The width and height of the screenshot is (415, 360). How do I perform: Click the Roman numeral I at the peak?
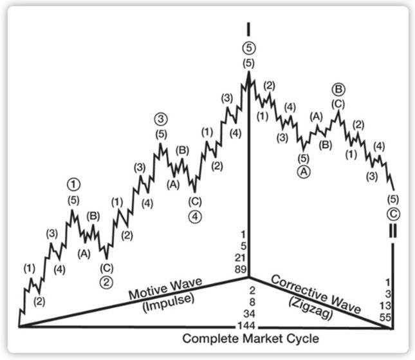(248, 29)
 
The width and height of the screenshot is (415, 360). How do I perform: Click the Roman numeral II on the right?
(392, 231)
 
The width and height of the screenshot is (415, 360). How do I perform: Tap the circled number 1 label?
(73, 184)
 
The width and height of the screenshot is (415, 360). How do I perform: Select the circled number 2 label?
(106, 282)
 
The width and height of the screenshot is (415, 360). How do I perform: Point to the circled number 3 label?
(161, 119)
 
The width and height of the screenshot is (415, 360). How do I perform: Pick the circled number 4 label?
(195, 216)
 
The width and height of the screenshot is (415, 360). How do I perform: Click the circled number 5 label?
(248, 48)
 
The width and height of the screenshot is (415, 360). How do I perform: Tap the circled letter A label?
(304, 172)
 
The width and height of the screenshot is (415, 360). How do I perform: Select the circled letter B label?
(339, 90)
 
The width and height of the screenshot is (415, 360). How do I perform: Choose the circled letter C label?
(393, 214)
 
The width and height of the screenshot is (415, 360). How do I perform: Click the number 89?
(241, 269)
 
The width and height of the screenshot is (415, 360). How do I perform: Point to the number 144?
(246, 325)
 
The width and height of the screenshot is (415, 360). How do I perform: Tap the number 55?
(385, 317)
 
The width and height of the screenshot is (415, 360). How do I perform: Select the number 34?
(249, 314)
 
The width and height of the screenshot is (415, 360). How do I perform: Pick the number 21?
(241, 258)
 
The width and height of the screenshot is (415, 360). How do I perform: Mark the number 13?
(385, 306)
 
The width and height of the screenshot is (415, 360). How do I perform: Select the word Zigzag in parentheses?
(311, 308)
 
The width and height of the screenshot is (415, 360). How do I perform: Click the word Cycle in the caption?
(303, 339)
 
